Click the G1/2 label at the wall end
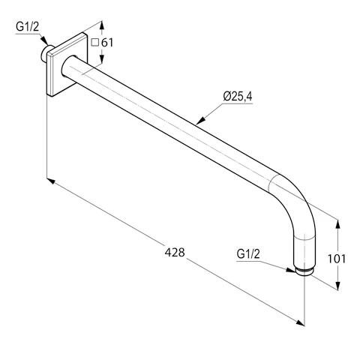click(28, 27)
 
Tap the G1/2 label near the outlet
click(248, 254)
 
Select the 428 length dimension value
click(175, 252)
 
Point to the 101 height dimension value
click(337, 259)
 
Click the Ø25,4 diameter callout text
click(238, 97)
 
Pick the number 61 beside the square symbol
click(107, 43)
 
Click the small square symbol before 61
click(95, 43)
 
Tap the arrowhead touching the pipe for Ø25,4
click(200, 120)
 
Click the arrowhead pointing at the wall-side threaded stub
click(44, 40)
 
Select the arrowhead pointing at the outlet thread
click(291, 270)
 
